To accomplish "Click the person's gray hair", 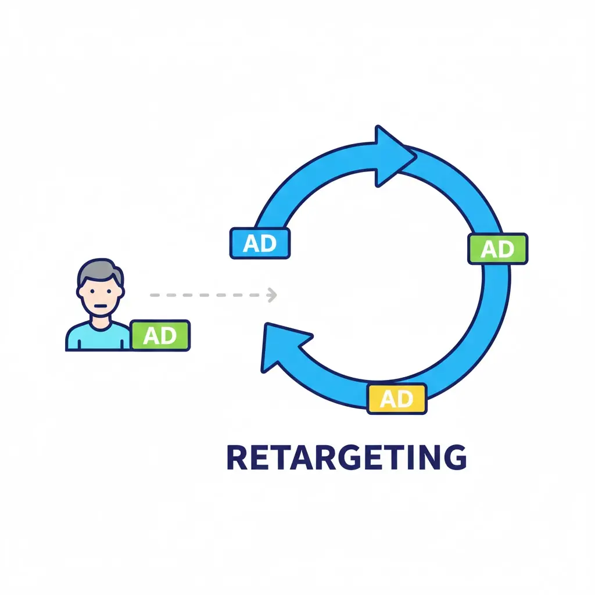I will (x=100, y=269).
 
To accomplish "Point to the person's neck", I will (x=100, y=318).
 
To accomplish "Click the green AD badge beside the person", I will (x=160, y=335).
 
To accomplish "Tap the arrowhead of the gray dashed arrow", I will (x=272, y=295).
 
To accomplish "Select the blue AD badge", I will (x=260, y=243).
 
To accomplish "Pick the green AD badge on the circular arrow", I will (x=498, y=249).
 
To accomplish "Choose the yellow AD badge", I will (x=397, y=399).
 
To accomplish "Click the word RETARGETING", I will (x=346, y=457).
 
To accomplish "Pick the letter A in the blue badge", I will (x=251, y=243).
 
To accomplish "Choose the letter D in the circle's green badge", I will (x=506, y=249).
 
